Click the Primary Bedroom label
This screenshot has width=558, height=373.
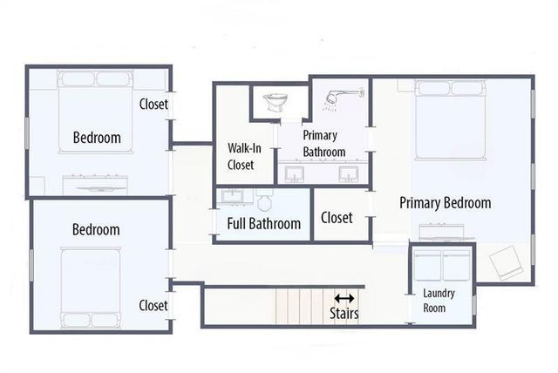pyautogui.click(x=445, y=203)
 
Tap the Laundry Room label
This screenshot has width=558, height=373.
pyautogui.click(x=433, y=301)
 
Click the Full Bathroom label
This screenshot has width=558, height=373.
pyautogui.click(x=263, y=224)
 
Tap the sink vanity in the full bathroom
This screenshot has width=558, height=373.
pyautogui.click(x=234, y=198)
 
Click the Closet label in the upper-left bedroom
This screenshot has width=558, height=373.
pyautogui.click(x=153, y=105)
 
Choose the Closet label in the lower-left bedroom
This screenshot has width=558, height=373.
pyautogui.click(x=153, y=305)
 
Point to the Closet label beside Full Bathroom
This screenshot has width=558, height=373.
pyautogui.click(x=337, y=217)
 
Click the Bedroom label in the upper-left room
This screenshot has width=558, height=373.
pyautogui.click(x=96, y=138)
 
